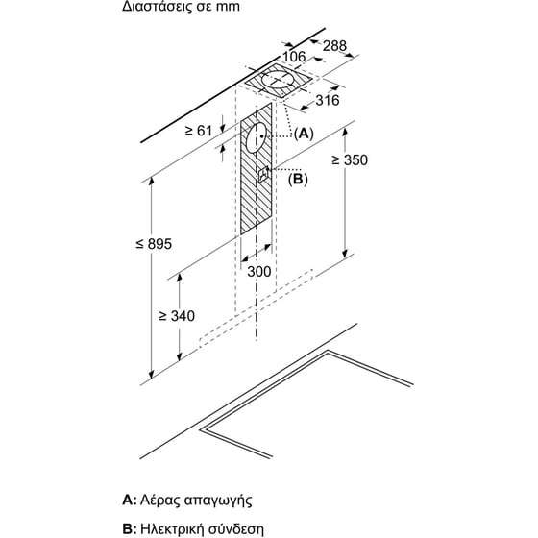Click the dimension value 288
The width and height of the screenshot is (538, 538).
point(333,45)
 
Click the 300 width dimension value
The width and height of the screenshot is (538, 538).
point(259,273)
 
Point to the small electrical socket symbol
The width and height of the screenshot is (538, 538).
point(263,174)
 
